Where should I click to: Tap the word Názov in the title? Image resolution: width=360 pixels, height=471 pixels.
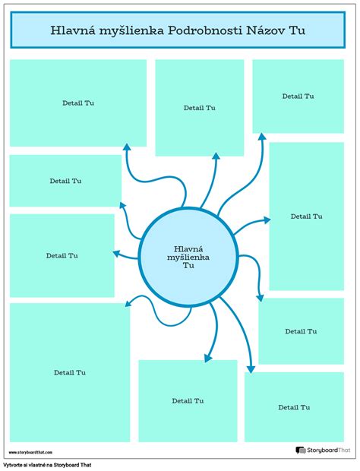click(x=265, y=30)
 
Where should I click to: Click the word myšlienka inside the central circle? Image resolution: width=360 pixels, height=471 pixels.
click(x=188, y=258)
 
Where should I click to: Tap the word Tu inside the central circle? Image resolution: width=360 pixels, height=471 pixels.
click(x=188, y=266)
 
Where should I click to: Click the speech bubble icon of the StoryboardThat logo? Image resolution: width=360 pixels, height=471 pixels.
click(x=300, y=450)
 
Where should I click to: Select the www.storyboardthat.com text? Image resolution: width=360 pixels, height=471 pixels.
click(x=30, y=452)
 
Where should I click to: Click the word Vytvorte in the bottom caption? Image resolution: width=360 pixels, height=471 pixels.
click(x=13, y=465)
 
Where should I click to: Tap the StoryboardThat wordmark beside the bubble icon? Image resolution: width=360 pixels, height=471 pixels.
click(x=328, y=450)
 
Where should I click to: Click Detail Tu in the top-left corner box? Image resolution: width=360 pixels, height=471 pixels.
click(x=78, y=103)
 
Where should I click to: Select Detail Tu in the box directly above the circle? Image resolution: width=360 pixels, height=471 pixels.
click(x=199, y=108)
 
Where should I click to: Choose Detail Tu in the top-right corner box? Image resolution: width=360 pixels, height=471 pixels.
click(x=298, y=96)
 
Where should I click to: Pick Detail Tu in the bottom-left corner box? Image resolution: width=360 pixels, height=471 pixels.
click(x=70, y=373)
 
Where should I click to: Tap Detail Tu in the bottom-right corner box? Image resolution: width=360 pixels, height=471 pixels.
click(x=294, y=407)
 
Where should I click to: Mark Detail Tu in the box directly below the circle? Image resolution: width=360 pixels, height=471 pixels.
click(x=188, y=401)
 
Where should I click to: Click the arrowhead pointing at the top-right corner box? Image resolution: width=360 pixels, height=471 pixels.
click(x=262, y=137)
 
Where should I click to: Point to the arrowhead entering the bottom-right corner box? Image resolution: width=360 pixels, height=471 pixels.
click(x=251, y=369)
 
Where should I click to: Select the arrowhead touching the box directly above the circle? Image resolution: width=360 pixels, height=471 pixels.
click(x=216, y=156)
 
